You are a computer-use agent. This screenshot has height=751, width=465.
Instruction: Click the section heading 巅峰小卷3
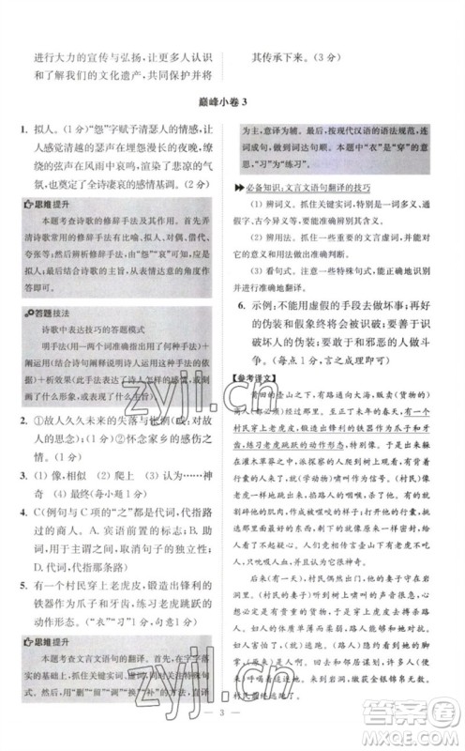(232, 101)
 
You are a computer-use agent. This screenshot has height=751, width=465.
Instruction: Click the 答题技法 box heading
(52, 335)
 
